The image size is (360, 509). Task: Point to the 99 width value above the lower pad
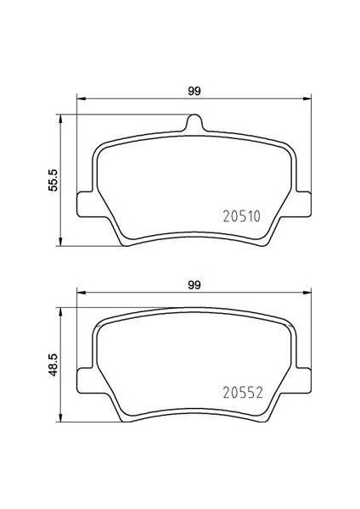(195, 285)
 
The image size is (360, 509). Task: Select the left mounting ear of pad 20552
(85, 380)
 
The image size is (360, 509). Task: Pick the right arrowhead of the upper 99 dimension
(309, 101)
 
